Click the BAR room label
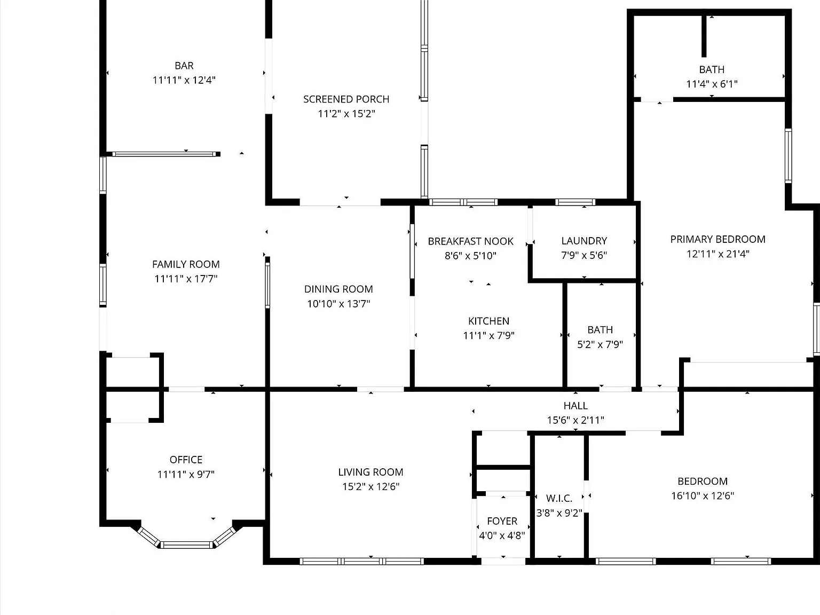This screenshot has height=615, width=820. coord(184,66)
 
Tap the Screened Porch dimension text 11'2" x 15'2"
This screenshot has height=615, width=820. coord(346,114)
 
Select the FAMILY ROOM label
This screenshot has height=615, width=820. coord(186,264)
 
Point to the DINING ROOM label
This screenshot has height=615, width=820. coord(338,289)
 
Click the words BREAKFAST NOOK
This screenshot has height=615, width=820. coord(470,241)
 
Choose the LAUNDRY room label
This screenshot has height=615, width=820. coord(584,241)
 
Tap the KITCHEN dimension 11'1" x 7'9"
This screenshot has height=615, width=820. coord(488,335)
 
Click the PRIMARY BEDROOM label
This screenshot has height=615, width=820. coord(717,239)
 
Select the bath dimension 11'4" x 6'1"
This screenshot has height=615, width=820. coord(712,84)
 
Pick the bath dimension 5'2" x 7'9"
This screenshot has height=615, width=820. coord(600,344)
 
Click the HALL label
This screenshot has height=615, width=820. coord(575,406)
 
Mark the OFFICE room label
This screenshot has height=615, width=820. coord(186,460)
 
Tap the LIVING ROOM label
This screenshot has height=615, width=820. coord(370,472)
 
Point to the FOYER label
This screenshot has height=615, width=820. coord(502,521)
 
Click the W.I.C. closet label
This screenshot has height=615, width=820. coord(559,498)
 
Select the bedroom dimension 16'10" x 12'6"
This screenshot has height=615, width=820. coord(703,496)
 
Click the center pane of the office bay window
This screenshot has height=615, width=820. coord(186,545)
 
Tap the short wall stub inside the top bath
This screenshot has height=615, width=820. coord(704,37)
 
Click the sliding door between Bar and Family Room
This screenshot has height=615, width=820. coord(164,154)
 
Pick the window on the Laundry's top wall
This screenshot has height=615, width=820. coord(575,202)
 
